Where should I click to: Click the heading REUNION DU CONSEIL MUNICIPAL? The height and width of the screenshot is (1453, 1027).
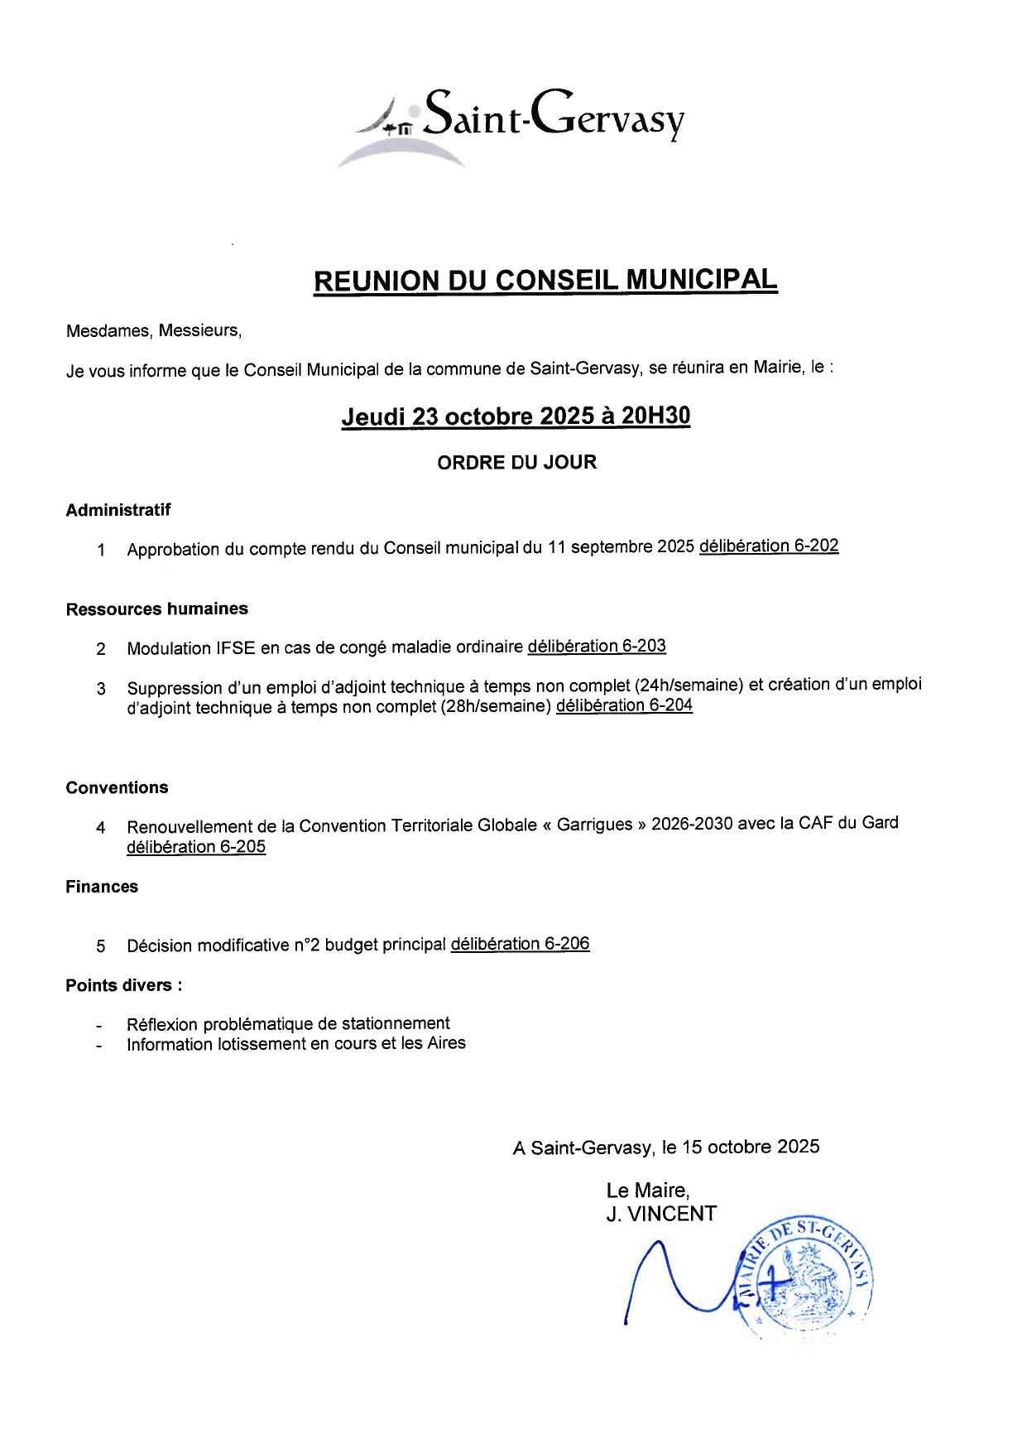click(545, 281)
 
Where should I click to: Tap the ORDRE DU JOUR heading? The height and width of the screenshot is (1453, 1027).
click(516, 462)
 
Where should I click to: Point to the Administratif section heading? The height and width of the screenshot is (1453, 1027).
click(118, 510)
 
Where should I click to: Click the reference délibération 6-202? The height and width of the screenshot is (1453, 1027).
click(769, 546)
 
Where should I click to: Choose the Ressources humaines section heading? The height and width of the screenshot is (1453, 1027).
click(157, 609)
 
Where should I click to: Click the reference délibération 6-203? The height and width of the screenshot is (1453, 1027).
click(597, 647)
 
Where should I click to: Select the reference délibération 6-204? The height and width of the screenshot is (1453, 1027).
click(624, 705)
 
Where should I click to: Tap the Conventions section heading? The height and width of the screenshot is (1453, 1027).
click(117, 787)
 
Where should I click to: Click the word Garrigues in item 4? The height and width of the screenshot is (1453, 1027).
click(595, 825)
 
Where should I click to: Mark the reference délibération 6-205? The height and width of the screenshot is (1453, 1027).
click(196, 847)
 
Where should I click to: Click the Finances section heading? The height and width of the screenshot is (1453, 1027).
click(102, 887)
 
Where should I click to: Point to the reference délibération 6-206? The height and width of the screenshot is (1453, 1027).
click(520, 944)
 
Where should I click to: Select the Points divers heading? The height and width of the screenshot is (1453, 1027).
click(124, 985)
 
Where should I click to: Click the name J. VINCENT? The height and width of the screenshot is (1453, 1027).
click(661, 1214)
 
